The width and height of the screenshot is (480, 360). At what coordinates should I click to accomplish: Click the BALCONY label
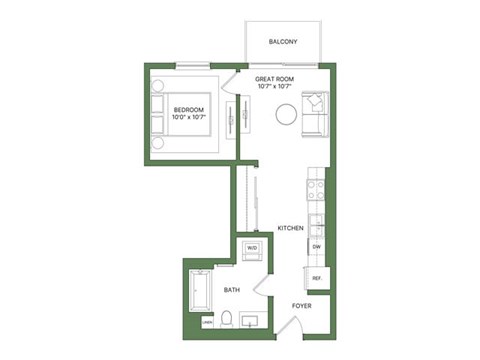point(284,42)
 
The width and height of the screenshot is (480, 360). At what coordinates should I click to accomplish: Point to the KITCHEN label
point(290,228)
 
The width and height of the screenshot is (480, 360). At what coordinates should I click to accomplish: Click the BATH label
point(231,290)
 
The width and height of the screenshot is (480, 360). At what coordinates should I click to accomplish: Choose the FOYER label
point(302,305)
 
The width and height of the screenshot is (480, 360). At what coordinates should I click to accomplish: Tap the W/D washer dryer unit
point(252,248)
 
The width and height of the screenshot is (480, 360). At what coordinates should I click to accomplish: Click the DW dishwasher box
point(316,245)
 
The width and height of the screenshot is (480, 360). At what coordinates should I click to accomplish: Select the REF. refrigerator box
point(316,278)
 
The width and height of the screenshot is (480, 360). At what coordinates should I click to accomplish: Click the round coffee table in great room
point(286,113)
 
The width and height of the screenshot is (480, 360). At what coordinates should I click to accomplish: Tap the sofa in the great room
point(313,113)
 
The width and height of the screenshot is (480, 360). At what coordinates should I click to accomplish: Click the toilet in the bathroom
point(227,318)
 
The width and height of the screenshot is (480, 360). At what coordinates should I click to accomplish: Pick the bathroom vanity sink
point(250,320)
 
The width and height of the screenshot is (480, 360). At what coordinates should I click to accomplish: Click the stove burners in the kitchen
point(315,187)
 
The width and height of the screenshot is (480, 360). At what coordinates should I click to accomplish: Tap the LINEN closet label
point(207,322)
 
